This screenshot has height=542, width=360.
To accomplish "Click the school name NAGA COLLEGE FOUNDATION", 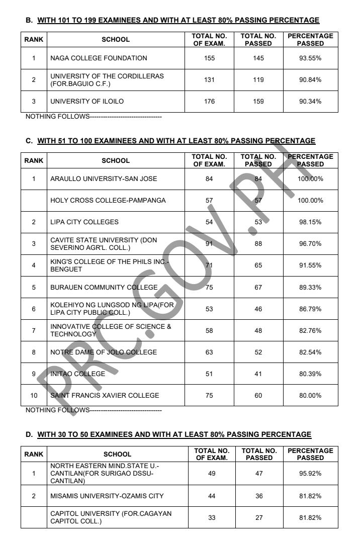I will (x=99, y=58).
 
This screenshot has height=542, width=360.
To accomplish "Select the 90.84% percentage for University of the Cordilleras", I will (x=310, y=80).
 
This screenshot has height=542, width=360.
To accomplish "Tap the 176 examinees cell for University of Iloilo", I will (x=210, y=102).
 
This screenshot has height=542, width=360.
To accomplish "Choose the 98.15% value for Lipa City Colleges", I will (x=310, y=222).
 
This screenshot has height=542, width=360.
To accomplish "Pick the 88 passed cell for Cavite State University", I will (x=258, y=244).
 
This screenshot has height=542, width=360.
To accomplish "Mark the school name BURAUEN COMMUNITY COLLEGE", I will (x=104, y=288).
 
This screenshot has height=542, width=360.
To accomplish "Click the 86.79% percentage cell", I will (x=310, y=309).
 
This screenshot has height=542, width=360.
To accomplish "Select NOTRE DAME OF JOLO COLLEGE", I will (x=104, y=352).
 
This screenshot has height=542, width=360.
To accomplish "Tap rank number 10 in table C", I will (x=34, y=396).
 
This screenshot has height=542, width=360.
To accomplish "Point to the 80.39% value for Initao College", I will (x=310, y=374).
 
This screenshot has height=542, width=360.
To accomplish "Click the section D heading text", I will (x=174, y=434).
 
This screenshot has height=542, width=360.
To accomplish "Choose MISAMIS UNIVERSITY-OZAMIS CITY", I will (x=107, y=496).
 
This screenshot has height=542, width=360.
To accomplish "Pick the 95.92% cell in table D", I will (x=310, y=474).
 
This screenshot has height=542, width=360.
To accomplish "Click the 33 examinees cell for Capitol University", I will (x=210, y=518).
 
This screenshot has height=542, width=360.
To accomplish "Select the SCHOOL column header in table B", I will (x=116, y=40).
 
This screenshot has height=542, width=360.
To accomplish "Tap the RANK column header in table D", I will (x=34, y=454).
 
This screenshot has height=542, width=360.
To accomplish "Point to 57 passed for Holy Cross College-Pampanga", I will (x=258, y=201).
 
